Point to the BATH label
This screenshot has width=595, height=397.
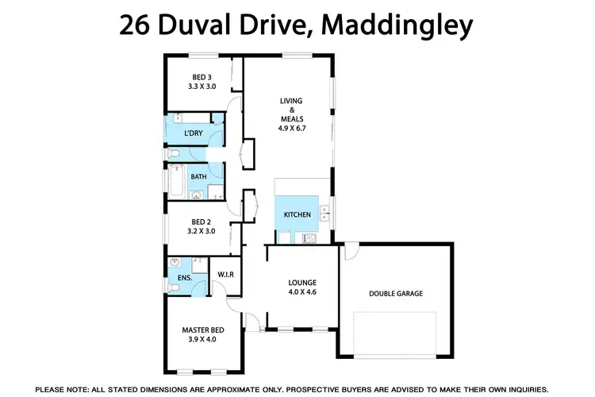coord(198,176)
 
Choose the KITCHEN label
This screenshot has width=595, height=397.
coord(297,215)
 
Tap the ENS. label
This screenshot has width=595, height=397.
coord(175,278)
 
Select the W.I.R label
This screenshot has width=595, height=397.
coord(225,275)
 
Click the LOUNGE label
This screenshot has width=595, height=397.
coord(302,282)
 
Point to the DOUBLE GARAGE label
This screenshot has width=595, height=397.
coord(396,294)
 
